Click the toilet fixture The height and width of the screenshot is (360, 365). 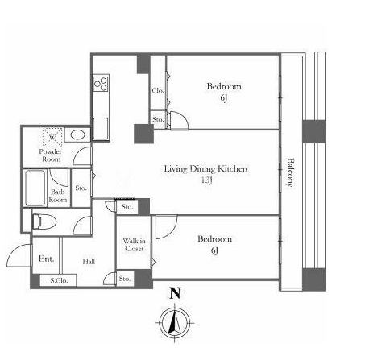tap(44, 221)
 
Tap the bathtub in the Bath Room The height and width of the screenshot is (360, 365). tap(35, 188)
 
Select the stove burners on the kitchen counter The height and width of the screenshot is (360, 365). tap(101, 84)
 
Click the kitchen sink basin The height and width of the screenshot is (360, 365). tap(101, 129)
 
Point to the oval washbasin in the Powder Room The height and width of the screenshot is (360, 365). tap(77, 134)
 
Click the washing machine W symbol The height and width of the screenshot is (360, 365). tap(52, 138)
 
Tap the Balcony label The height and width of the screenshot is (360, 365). tap(291, 172)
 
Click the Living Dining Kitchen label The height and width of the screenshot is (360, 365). tap(205, 169)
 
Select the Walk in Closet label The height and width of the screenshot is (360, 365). tap(135, 245)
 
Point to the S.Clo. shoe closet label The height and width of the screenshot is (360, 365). tap(59, 280)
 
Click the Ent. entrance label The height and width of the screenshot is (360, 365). tap(46, 259)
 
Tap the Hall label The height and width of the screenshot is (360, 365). tap(89, 261)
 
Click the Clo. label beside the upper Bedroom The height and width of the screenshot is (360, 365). tap(158, 91)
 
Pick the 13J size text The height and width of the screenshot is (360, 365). tap(206, 180)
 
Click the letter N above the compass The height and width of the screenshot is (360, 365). tap(175, 293)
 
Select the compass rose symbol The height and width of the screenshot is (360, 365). tap(175, 323)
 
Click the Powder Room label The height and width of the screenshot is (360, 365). tap(51, 155)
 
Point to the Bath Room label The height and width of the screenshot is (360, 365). tap(58, 196)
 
